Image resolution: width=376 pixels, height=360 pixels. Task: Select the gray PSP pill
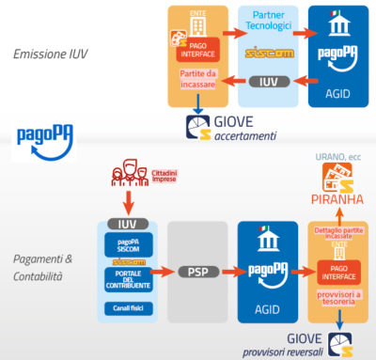(x=197, y=273)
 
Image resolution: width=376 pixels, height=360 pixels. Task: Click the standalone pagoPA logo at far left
(x=40, y=136)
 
